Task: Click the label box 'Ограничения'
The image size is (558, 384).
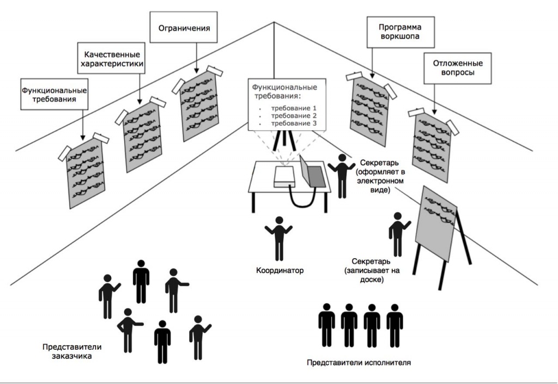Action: coord(180,27)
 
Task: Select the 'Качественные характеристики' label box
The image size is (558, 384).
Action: coord(113,59)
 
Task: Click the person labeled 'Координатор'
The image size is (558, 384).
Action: coord(279,237)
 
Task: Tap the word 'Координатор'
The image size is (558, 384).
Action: coord(279,270)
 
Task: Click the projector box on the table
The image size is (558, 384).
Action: coord(285,177)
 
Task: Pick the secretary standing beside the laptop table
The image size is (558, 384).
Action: coord(342,175)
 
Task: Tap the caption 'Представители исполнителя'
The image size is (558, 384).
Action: coord(357,362)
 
